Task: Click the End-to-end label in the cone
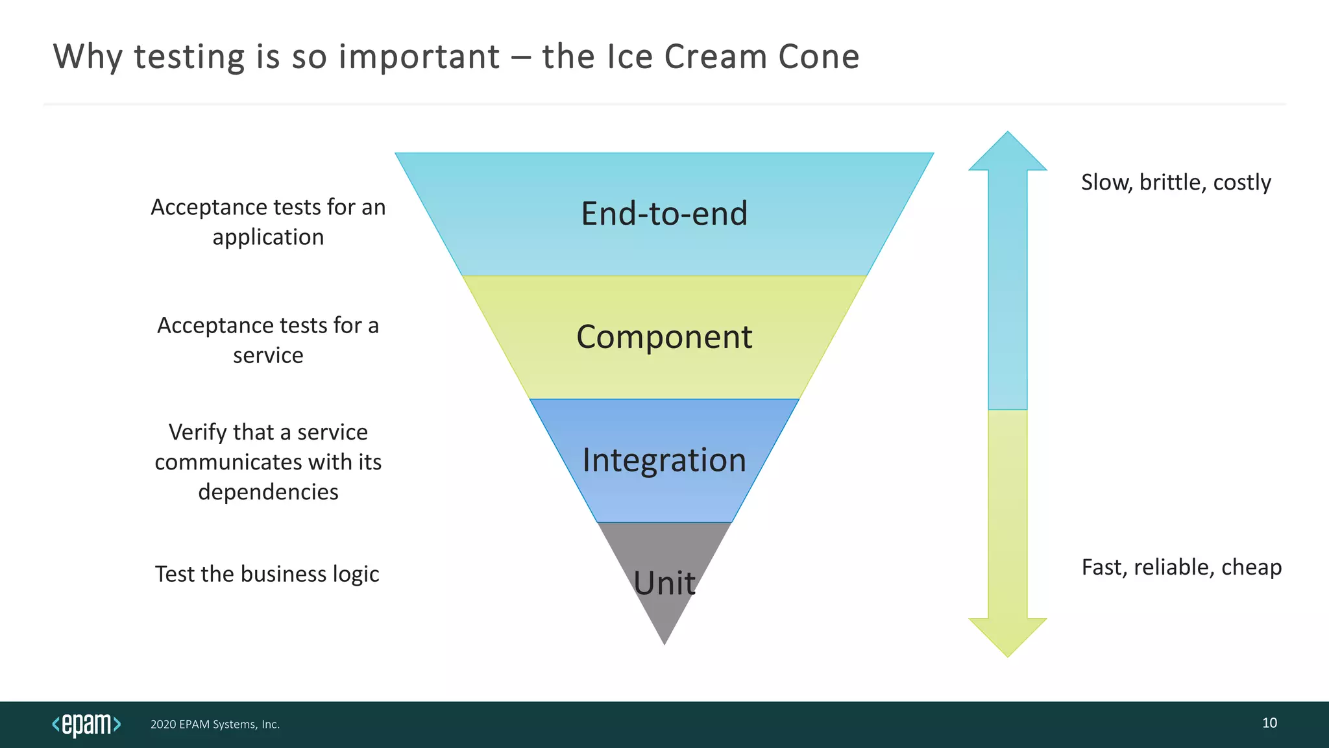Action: pos(664,214)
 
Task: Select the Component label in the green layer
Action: pos(664,337)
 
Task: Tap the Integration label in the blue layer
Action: pos(664,460)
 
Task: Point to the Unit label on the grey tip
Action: pos(664,582)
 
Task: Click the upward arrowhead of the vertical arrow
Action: pos(1007,153)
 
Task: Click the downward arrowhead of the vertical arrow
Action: pos(1007,636)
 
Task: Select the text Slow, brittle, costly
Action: pos(1175,182)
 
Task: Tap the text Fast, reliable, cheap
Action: pos(1181,567)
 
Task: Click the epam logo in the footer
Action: pos(86,724)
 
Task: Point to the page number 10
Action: pos(1269,723)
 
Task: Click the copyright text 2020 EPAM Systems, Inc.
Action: pos(215,725)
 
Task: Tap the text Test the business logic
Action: pos(267,574)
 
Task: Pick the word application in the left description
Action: pos(268,238)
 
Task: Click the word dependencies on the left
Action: pos(268,492)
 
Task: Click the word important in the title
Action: pos(419,56)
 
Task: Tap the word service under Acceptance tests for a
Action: pos(268,356)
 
